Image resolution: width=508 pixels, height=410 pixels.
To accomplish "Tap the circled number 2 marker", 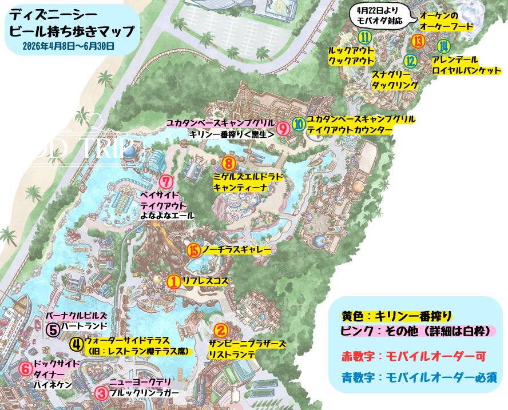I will point(221,331).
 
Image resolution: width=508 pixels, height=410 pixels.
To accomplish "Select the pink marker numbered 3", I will point(101,393).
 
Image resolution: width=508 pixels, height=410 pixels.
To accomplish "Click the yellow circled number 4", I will point(76,344).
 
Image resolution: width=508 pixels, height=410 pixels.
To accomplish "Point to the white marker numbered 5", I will point(53,331).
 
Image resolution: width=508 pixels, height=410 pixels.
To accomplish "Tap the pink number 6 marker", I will point(25,369).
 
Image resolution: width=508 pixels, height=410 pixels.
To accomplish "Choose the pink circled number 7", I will point(165,182).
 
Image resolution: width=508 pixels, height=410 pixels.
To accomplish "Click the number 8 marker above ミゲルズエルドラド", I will point(228,164).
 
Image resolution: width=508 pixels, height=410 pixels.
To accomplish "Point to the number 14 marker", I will point(443,46).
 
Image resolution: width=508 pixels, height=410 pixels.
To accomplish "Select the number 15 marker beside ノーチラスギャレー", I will point(193,250).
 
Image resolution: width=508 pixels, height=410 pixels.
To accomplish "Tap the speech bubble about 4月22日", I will point(379,15).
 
